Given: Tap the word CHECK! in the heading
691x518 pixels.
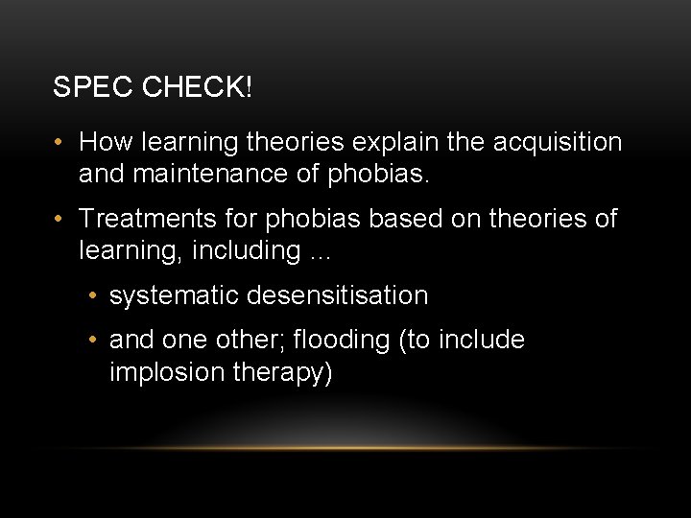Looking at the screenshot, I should [x=198, y=87].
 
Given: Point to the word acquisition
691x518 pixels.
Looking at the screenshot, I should [x=558, y=143].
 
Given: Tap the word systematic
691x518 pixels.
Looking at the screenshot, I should [x=174, y=295].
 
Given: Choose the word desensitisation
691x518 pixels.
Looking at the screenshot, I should [x=337, y=295].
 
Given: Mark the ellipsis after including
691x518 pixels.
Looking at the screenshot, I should [x=319, y=253].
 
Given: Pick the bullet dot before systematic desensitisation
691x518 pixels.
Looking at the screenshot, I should [x=91, y=296].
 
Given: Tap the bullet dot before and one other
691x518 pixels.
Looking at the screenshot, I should [x=91, y=341].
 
